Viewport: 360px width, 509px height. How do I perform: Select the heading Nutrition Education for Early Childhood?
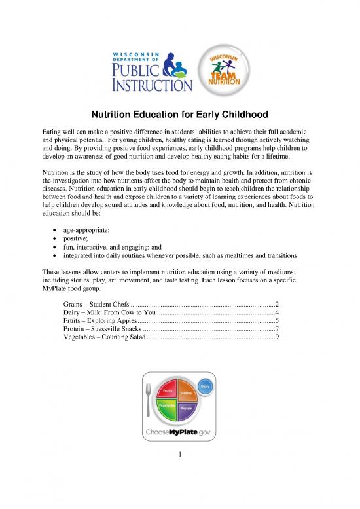point(179,113)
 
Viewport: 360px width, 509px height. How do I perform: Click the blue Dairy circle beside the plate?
point(205,387)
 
